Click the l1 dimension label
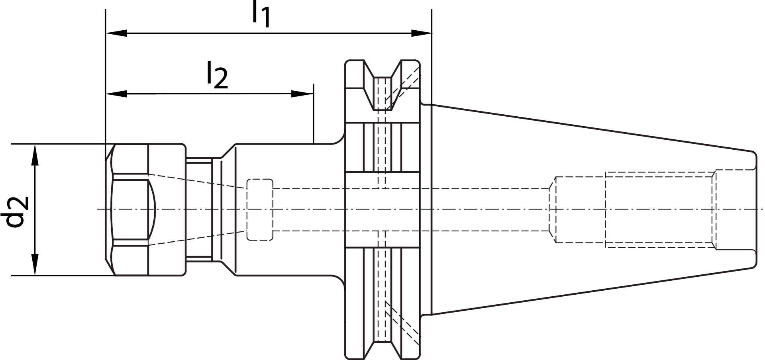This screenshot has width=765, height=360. pyautogui.click(x=261, y=15)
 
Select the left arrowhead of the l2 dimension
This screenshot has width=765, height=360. pyautogui.click(x=116, y=94)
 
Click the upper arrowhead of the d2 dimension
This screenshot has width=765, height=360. pyautogui.click(x=35, y=155)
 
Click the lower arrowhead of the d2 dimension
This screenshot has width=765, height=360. pyautogui.click(x=35, y=264)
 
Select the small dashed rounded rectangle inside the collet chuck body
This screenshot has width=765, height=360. pyautogui.click(x=260, y=210)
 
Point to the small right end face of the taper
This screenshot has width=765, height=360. pyautogui.click(x=756, y=210)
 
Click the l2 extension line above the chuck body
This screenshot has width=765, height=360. pyautogui.click(x=314, y=115)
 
